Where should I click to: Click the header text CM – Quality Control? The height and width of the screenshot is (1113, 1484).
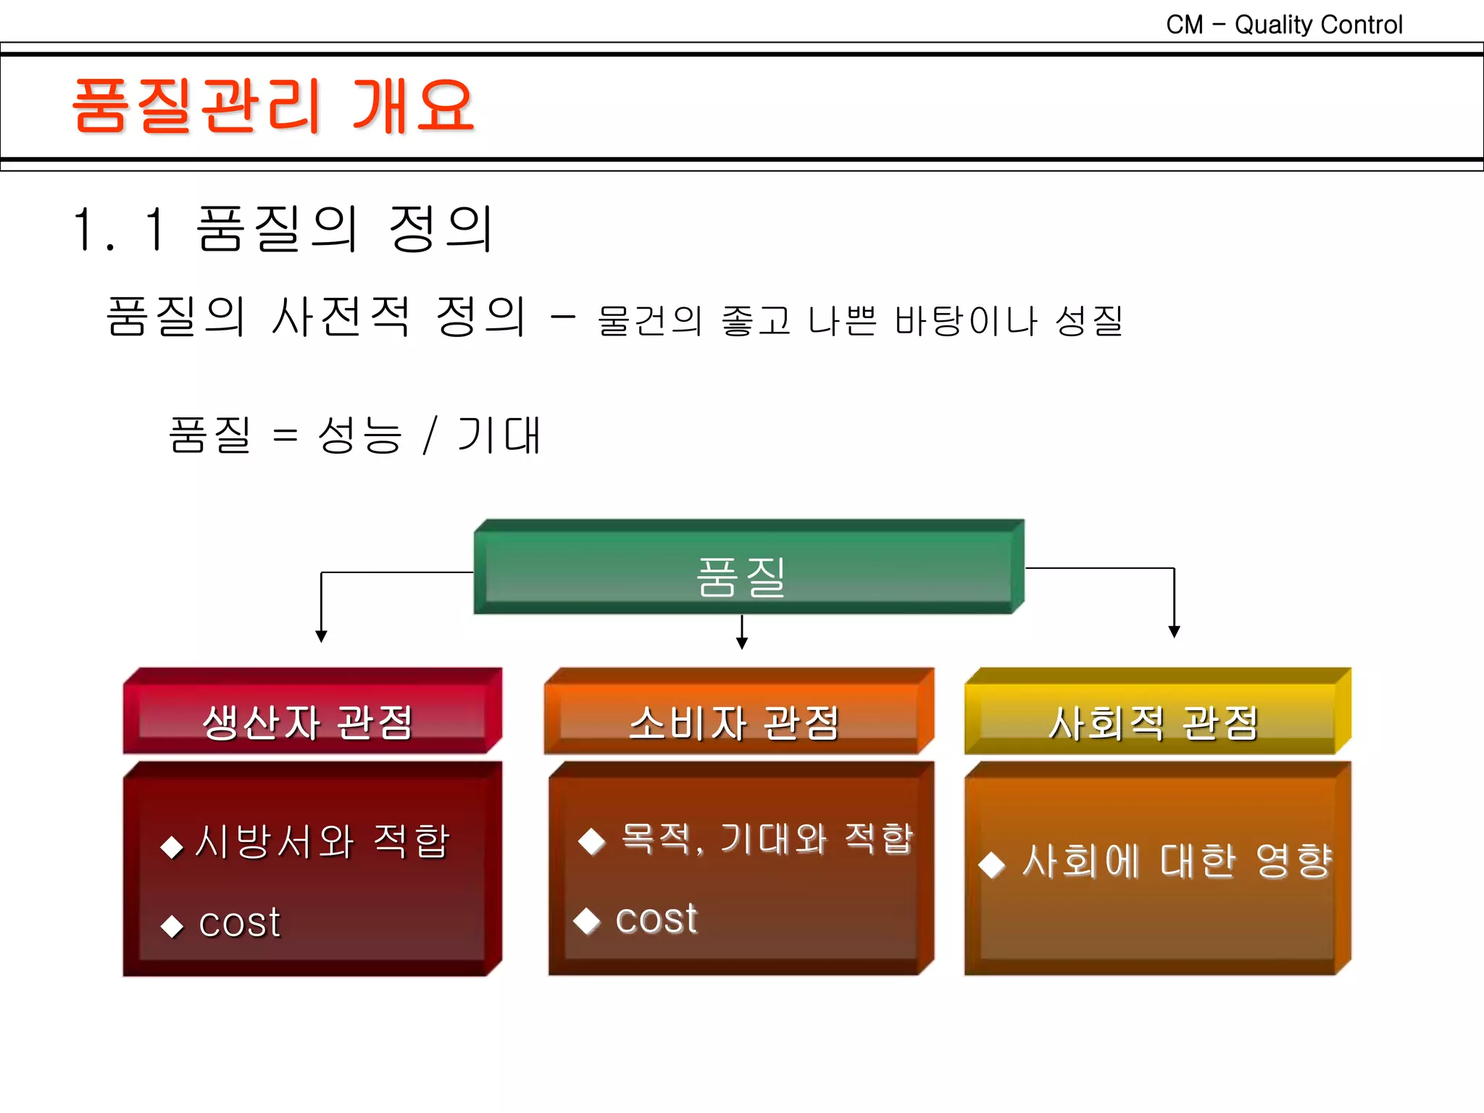[x=1284, y=25]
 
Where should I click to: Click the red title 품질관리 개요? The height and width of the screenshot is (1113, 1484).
[x=273, y=107]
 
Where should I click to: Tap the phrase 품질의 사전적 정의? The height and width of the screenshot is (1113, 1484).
[x=316, y=317]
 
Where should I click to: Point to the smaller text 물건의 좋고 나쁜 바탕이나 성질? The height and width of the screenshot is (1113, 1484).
[x=860, y=320]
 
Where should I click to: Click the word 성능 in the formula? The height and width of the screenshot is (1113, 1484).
[x=359, y=435]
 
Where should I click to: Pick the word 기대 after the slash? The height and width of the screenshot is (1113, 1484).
[x=499, y=435]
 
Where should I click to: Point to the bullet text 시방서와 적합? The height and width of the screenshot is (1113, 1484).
[x=322, y=842]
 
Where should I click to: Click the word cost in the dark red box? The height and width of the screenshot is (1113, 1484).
[x=239, y=923]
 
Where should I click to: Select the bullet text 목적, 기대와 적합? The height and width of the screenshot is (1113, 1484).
[x=767, y=839]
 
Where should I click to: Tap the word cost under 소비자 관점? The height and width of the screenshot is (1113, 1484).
[x=656, y=920]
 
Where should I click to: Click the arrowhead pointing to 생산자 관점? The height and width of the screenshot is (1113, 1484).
[x=321, y=636]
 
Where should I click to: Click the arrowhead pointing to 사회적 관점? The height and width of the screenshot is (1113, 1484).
[x=1175, y=632]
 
